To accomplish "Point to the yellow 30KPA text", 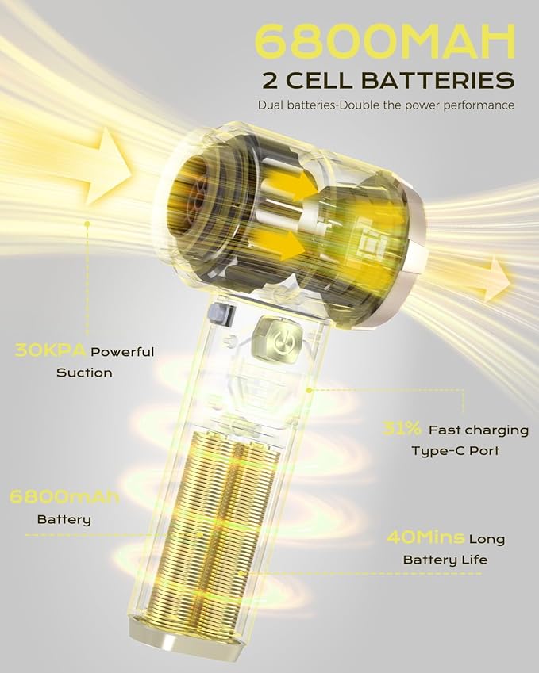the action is (x=50, y=350).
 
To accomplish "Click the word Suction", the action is (x=84, y=372).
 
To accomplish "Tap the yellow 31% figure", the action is (x=402, y=428).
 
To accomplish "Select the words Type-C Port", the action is (x=456, y=451).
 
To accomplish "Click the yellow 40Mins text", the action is (x=425, y=537).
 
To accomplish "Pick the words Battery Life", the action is (x=445, y=560).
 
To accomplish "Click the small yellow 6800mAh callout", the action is (x=64, y=496).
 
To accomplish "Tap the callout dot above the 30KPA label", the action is (x=87, y=224).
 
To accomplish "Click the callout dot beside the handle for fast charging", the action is (x=308, y=390).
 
